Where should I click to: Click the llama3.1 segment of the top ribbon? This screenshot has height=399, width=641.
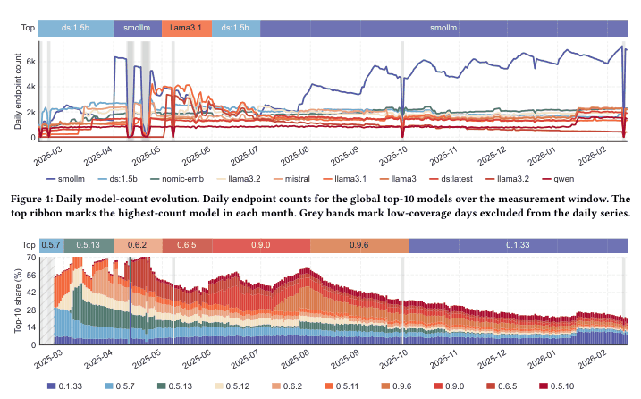(x=187, y=28)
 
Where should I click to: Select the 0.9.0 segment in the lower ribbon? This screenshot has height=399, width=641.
(x=261, y=245)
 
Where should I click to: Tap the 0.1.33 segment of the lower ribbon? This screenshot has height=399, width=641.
(x=518, y=245)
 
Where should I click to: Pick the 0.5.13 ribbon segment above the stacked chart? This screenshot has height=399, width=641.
(x=89, y=245)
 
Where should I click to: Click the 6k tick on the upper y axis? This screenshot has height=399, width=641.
(x=30, y=62)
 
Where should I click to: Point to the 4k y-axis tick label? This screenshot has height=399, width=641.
(x=30, y=87)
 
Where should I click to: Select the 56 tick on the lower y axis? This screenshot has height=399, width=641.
(x=31, y=275)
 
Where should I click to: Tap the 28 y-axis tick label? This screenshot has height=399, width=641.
(x=31, y=310)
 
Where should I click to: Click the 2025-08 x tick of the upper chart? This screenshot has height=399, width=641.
(x=294, y=156)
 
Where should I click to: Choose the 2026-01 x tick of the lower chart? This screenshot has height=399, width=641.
(x=542, y=360)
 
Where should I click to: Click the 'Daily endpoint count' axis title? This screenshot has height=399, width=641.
(x=18, y=91)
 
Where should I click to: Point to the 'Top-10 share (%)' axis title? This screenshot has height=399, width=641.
(x=18, y=301)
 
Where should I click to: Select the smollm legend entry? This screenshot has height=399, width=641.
(x=65, y=179)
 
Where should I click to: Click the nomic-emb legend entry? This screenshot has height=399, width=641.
(x=177, y=179)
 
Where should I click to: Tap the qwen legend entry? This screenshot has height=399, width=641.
(x=558, y=179)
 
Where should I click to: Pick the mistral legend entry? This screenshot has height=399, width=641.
(x=291, y=179)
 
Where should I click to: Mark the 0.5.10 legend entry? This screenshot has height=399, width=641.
(x=557, y=386)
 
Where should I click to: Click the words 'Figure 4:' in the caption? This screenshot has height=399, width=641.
(x=32, y=199)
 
